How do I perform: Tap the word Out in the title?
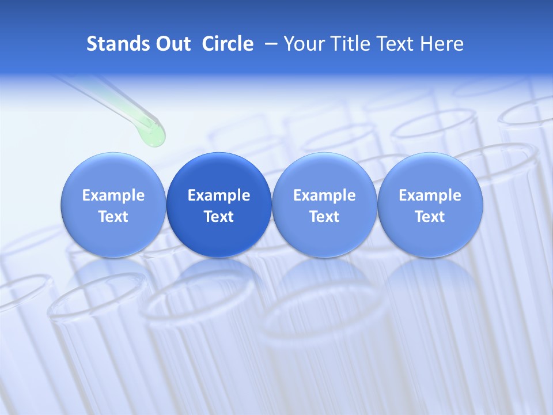pyautogui.click(x=171, y=44)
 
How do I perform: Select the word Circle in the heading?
pyautogui.click(x=228, y=44)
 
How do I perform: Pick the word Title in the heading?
pyautogui.click(x=344, y=44)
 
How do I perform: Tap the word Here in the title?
pyautogui.click(x=441, y=44)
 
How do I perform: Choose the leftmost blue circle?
pyautogui.click(x=113, y=205)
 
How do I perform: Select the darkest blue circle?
pyautogui.click(x=219, y=205)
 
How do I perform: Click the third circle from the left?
pyautogui.click(x=324, y=205)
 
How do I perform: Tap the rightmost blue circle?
pyautogui.click(x=430, y=205)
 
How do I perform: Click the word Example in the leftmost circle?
pyautogui.click(x=113, y=195)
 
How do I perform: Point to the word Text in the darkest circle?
pyautogui.click(x=219, y=217)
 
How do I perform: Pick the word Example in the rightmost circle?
pyautogui.click(x=430, y=195)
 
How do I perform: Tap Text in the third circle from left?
pyautogui.click(x=324, y=217)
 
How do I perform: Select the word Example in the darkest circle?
pyautogui.click(x=219, y=195)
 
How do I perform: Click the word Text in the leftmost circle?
pyautogui.click(x=113, y=217)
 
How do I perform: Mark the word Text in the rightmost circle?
pyautogui.click(x=430, y=217)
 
